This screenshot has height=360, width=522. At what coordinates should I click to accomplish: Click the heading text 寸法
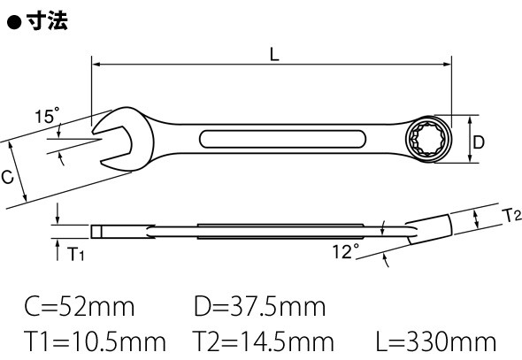[x=47, y=20]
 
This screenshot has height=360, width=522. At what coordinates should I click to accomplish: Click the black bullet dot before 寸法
[x=14, y=23]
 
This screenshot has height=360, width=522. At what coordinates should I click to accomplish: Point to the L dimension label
[x=274, y=55]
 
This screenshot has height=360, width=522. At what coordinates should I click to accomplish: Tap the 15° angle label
[x=47, y=116]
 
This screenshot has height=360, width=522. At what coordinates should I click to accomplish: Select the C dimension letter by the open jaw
[x=7, y=177]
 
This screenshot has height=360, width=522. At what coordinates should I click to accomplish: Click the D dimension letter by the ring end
[x=479, y=142]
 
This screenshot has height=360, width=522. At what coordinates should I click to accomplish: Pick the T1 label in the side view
[x=76, y=254]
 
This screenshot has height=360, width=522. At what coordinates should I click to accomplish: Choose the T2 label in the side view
[x=511, y=216]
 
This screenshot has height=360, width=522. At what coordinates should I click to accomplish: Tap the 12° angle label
[x=346, y=251]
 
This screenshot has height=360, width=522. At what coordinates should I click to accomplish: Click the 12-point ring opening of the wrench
[x=428, y=140]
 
